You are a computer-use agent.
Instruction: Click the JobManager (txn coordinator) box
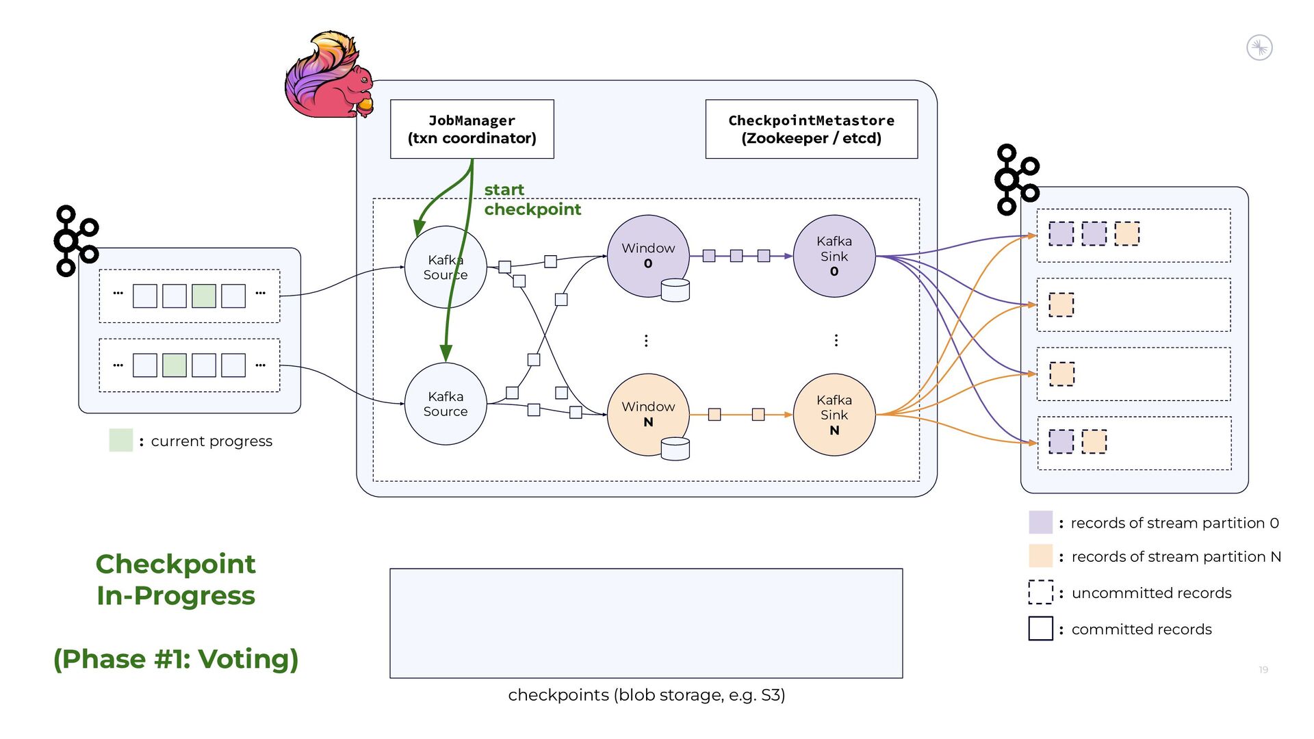tap(472, 129)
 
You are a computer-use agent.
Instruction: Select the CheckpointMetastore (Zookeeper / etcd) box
tap(811, 129)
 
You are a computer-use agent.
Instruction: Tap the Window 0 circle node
tap(647, 255)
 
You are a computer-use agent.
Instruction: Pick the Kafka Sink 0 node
tap(834, 256)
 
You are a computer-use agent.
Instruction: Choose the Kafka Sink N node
tap(834, 415)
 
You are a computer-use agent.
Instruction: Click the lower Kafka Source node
tap(446, 404)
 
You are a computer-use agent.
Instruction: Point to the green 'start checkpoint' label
tap(532, 199)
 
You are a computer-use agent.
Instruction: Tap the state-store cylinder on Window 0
tap(675, 290)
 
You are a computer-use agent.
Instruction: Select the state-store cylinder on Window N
tap(675, 449)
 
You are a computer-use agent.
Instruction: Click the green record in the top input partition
tap(204, 296)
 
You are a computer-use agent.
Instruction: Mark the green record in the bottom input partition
tap(175, 365)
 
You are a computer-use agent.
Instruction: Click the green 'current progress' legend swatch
tap(120, 441)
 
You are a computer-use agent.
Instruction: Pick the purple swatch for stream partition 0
tap(1040, 522)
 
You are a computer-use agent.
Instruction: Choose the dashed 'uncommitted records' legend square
tap(1040, 592)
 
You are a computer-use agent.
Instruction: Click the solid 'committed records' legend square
tap(1040, 628)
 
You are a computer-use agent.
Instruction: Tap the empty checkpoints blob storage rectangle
tap(646, 623)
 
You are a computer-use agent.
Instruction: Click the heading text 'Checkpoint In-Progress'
tap(176, 580)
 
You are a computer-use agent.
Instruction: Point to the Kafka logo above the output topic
tap(1016, 179)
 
